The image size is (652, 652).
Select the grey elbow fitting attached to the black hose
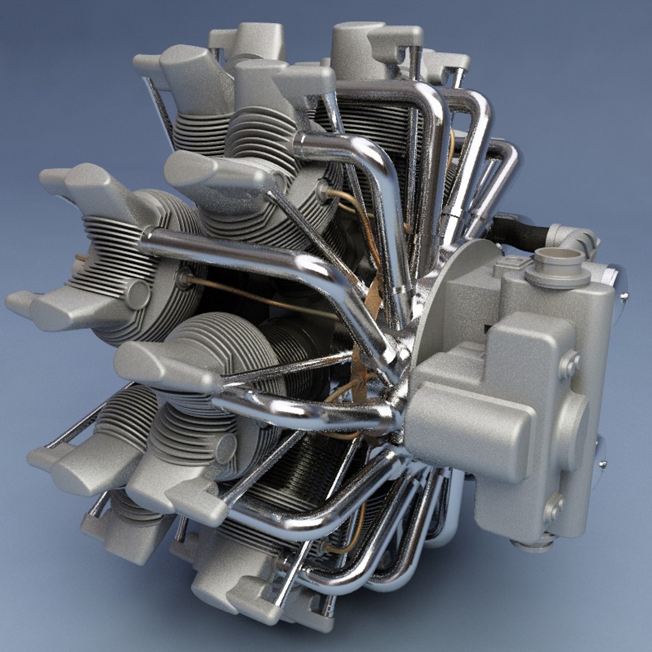(574, 238)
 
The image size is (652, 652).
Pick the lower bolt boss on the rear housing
(554, 508)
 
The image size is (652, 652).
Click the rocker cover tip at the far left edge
(18, 302)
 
